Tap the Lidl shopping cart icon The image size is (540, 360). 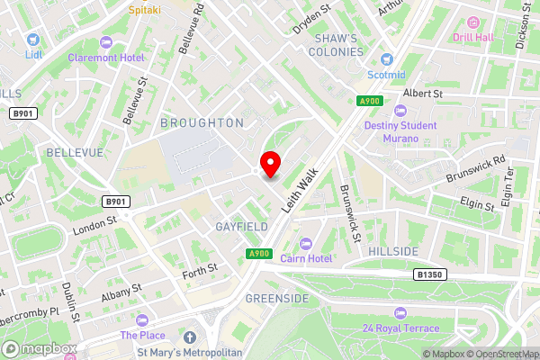tap(33, 40)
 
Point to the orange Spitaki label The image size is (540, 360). tap(146, 10)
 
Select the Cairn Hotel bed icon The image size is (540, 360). tap(305, 243)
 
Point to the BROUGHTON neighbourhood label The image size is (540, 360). tap(202, 121)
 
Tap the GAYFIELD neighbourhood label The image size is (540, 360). tap(241, 228)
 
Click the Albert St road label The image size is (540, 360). tap(424, 93)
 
